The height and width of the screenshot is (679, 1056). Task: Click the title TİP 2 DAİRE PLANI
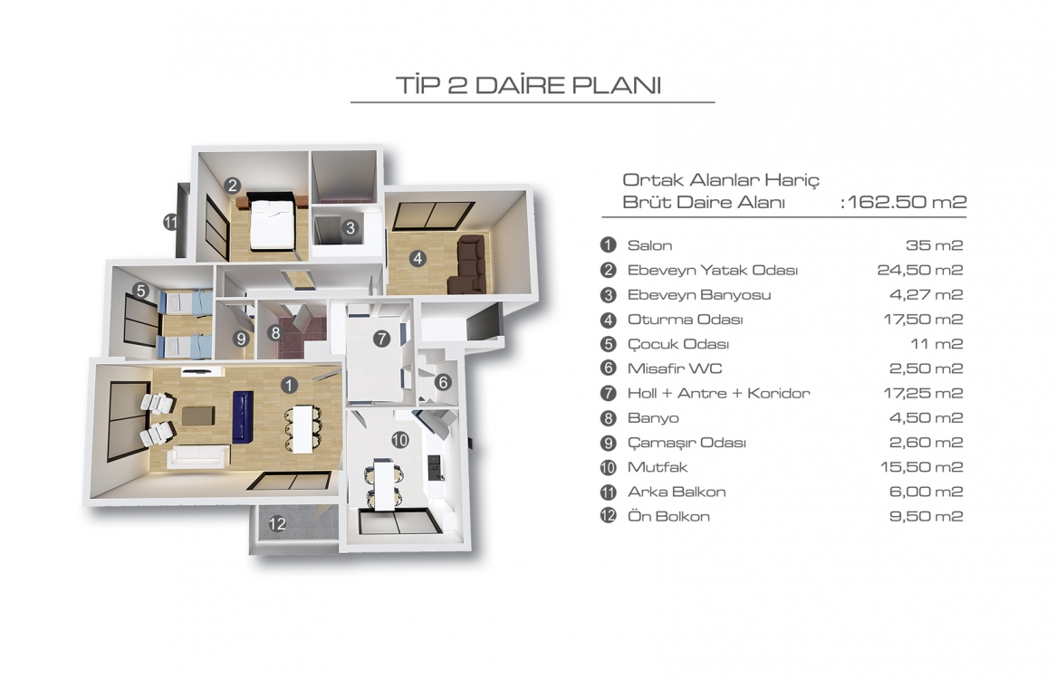tap(529, 85)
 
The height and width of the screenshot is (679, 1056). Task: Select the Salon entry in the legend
tap(649, 245)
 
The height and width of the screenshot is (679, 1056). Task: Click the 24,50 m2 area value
tap(920, 270)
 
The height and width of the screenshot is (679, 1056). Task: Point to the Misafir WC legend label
tap(674, 368)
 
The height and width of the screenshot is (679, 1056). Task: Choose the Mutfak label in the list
tap(658, 467)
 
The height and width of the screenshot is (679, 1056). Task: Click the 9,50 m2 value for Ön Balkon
tap(926, 516)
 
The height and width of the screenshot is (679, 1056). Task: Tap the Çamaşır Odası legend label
tap(686, 443)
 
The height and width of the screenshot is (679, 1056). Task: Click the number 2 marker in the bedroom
tap(233, 185)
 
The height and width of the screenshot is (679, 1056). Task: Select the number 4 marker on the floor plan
tap(418, 258)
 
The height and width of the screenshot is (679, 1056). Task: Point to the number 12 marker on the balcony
tap(277, 523)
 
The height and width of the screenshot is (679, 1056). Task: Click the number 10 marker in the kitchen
tap(400, 439)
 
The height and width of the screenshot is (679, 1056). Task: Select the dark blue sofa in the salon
tap(243, 417)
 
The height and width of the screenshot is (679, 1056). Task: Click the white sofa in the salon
tap(197, 456)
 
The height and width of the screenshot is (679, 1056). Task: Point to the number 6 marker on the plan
tap(443, 382)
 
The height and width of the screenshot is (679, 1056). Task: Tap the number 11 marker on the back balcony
tap(170, 222)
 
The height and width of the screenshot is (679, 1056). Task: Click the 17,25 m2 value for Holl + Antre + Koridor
tap(924, 393)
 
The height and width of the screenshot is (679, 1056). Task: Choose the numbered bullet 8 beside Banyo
tap(608, 418)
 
